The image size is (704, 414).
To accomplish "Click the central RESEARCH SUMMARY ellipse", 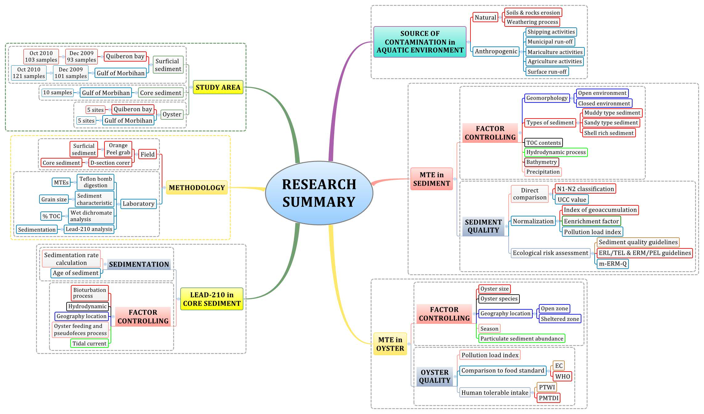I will point(319,193).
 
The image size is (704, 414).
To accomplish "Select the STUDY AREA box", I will point(218,87).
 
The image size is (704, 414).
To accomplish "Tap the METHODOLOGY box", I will point(197,188).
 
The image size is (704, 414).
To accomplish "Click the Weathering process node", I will point(532,22).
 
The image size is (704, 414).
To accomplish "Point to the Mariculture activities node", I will point(555,52).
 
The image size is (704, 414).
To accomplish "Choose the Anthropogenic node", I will point(496,51).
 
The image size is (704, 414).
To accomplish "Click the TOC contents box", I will point(543,143).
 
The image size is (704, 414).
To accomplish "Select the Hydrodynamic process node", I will point(556,152).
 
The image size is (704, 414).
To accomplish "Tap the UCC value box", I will point(572,200).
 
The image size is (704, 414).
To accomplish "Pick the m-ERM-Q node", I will point(612,264).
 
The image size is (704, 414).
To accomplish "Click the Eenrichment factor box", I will point(591,221).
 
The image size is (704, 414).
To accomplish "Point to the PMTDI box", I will point(548,398).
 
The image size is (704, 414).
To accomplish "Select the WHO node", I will point(563,376).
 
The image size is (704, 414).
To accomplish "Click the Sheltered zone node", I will point(560,319).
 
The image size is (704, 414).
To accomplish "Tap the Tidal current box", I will point(89,344).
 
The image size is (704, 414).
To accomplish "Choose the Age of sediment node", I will point(75,273).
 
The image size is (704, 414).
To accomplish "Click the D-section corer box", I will point(110,163).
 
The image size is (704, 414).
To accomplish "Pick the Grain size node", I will point(54,199).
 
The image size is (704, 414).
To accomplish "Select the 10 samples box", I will point(58,93).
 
